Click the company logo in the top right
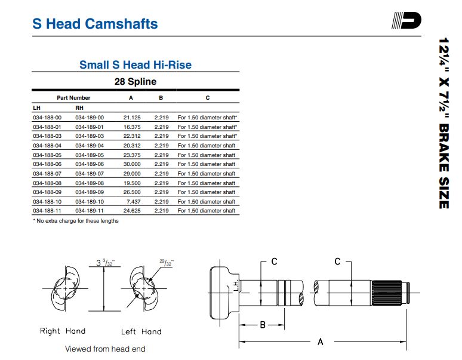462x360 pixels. click(x=406, y=20)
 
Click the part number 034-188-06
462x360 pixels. click(x=47, y=164)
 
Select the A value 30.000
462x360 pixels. click(x=132, y=164)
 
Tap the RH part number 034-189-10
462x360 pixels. click(x=90, y=202)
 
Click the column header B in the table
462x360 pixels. click(x=161, y=98)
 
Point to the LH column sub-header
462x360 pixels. click(x=37, y=108)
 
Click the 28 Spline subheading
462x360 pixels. click(x=135, y=81)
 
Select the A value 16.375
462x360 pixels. click(x=132, y=127)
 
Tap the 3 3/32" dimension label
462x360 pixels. click(x=106, y=262)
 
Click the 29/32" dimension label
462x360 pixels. click(x=167, y=262)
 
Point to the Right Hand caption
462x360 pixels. click(x=63, y=331)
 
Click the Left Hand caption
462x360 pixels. click(x=141, y=332)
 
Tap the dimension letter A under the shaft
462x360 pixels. click(x=321, y=341)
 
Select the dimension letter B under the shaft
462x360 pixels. click(x=263, y=325)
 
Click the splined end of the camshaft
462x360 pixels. click(x=386, y=293)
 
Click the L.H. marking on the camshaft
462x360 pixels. click(x=236, y=285)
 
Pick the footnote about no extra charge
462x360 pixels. click(x=76, y=221)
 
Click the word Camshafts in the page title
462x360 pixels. click(x=122, y=24)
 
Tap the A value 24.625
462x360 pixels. click(x=132, y=211)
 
